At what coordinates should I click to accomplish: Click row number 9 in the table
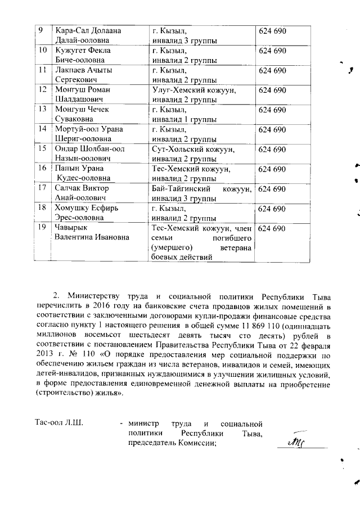pos(40,30)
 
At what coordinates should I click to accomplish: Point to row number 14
pos(41,129)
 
